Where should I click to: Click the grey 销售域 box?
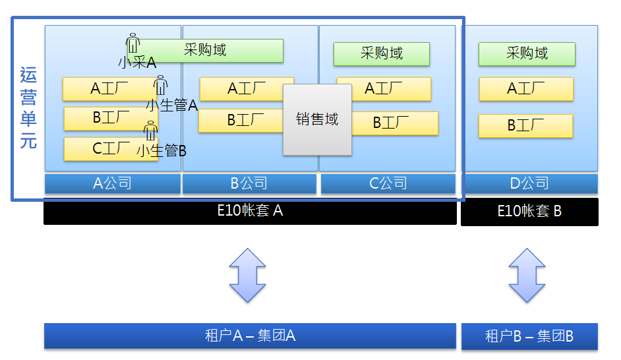(x=317, y=119)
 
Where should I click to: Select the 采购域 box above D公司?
(x=527, y=53)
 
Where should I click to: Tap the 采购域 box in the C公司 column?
(x=382, y=53)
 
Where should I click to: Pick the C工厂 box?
(x=105, y=149)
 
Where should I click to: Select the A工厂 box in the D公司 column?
(x=526, y=89)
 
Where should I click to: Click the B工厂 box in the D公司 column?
(x=525, y=125)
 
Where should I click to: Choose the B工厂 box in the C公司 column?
(x=395, y=123)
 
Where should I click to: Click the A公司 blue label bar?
(x=113, y=183)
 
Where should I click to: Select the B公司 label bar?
(x=249, y=183)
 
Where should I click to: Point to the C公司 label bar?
(x=388, y=183)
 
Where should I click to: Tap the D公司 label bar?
(x=529, y=183)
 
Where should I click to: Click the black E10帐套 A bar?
(x=250, y=212)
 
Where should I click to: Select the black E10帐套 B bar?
(x=529, y=212)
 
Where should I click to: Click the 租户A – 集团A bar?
(x=250, y=336)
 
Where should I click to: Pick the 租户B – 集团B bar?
(x=529, y=336)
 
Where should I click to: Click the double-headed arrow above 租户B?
(x=527, y=275)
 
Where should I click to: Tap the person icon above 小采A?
(x=133, y=43)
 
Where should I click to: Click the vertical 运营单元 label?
(x=28, y=109)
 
